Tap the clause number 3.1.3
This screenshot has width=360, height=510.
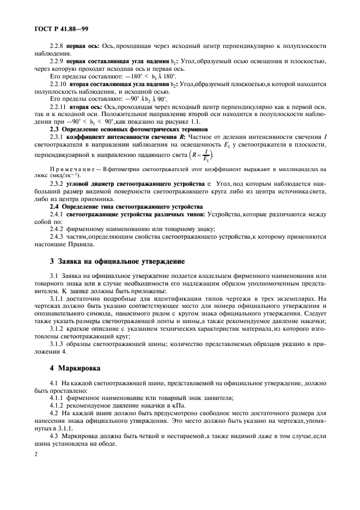(x=57, y=346)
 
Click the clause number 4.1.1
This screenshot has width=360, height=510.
(x=57, y=398)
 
